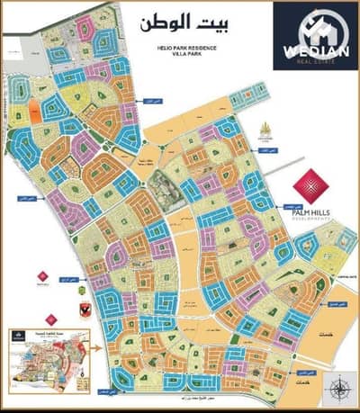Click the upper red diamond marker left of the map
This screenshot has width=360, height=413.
tap(39, 274)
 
